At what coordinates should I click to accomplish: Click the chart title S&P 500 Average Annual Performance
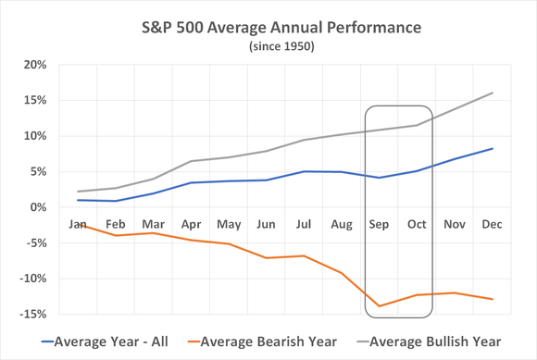tap(268, 27)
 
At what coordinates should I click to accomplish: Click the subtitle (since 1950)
tap(268, 45)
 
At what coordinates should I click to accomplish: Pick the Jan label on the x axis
tap(78, 224)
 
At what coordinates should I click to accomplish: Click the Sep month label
tap(380, 224)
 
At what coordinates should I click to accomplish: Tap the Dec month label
tap(492, 224)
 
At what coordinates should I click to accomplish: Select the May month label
tap(228, 224)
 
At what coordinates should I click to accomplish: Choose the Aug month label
tap(342, 224)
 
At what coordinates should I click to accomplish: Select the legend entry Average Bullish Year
tap(441, 341)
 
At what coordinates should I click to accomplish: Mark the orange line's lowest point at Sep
tap(380, 305)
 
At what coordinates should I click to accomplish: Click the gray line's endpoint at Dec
tap(492, 93)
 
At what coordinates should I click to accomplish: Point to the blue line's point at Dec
tap(492, 148)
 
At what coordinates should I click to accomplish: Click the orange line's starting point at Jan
tap(78, 223)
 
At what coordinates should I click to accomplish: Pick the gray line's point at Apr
tap(191, 161)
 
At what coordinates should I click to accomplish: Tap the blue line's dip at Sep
tap(380, 178)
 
